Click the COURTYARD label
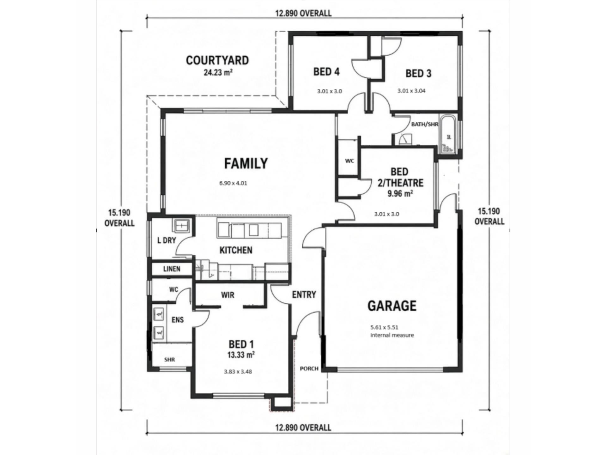point(217,60)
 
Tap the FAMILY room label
point(246,164)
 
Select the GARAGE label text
point(392,306)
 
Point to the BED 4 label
point(327,72)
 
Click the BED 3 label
point(419,74)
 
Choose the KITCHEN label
point(236,250)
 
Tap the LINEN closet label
point(172,269)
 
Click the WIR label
point(228,295)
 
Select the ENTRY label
point(304,295)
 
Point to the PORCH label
point(309,368)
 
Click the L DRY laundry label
point(167,240)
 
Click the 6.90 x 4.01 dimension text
point(233,183)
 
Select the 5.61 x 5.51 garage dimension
point(385,328)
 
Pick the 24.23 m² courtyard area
point(218,73)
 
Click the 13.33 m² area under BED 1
point(241,355)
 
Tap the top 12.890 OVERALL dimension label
point(303,13)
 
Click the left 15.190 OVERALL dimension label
point(120,218)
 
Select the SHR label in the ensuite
point(169,360)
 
